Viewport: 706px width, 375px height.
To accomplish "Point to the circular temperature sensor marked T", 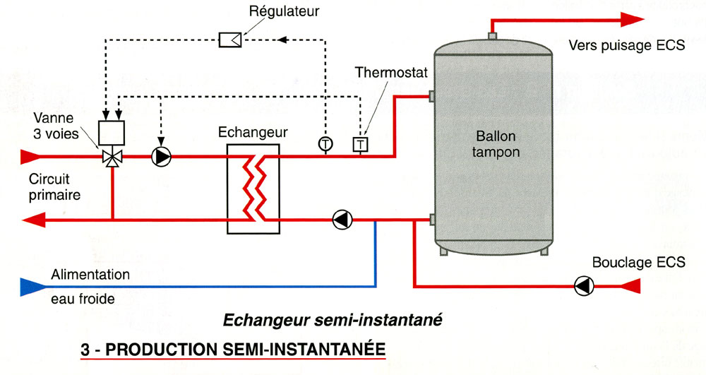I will [325, 144].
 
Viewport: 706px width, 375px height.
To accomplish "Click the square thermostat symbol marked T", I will [360, 144].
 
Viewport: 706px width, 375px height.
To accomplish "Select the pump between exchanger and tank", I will [342, 220].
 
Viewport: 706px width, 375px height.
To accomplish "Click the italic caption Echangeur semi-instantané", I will [332, 320].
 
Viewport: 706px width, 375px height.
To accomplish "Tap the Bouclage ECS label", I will [647, 262].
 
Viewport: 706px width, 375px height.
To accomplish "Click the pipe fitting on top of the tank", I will [492, 35].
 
